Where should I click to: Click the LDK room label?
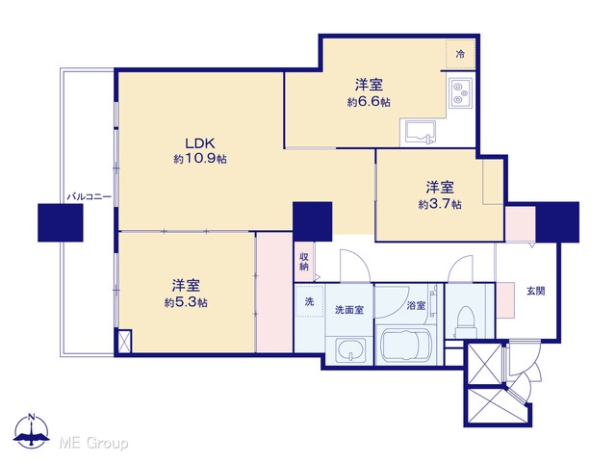pyautogui.click(x=199, y=143)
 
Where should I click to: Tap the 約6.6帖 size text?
pyautogui.click(x=369, y=102)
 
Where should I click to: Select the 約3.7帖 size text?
pyautogui.click(x=440, y=204)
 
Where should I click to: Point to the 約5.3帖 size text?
pyautogui.click(x=186, y=303)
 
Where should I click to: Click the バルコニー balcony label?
pyautogui.click(x=90, y=196)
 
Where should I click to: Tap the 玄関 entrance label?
pyautogui.click(x=535, y=291)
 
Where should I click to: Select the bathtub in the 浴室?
pyautogui.click(x=405, y=345)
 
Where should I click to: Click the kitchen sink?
pyautogui.click(x=420, y=133)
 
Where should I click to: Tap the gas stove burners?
pyautogui.click(x=460, y=92)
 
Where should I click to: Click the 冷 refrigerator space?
pyautogui.click(x=460, y=55)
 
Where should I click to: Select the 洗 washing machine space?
pyautogui.click(x=309, y=301)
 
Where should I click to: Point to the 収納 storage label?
pyautogui.click(x=304, y=262)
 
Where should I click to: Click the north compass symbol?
pyautogui.click(x=31, y=431)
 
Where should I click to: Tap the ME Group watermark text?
pyautogui.click(x=93, y=443)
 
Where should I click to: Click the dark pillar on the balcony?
pyautogui.click(x=60, y=222)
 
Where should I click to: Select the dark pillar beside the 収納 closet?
pyautogui.click(x=313, y=221)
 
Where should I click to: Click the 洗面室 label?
pyautogui.click(x=348, y=310)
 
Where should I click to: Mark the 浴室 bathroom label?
pyautogui.click(x=416, y=305)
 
